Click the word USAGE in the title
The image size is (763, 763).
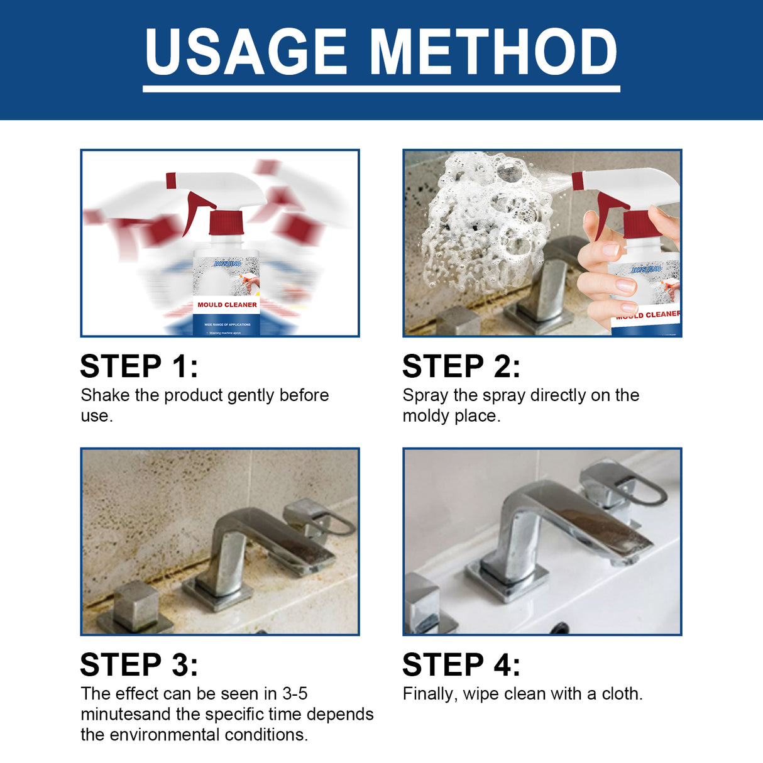point(246,52)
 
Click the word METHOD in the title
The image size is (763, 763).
point(493,52)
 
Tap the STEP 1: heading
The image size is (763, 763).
point(139,366)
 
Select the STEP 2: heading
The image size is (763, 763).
point(461,366)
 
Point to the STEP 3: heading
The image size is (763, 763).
point(139,665)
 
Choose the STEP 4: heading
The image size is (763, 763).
point(461,665)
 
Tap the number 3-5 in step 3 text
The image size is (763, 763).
point(295,694)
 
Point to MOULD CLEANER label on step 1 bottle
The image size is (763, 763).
point(227,305)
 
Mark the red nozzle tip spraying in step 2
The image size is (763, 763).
point(578,181)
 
